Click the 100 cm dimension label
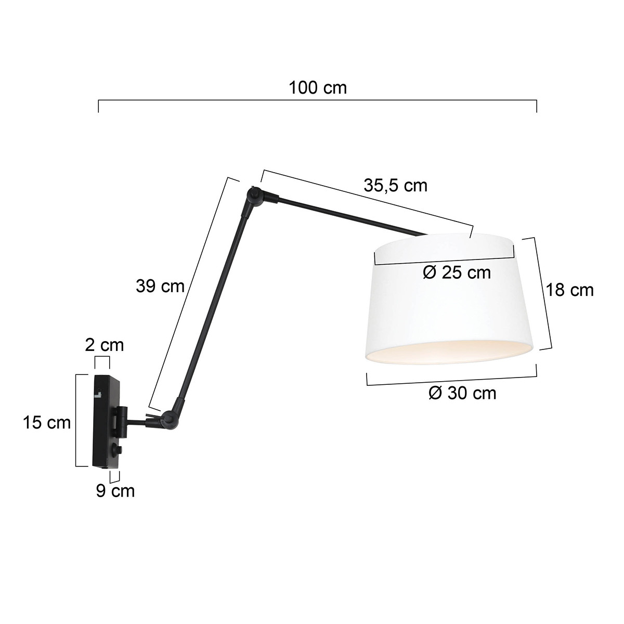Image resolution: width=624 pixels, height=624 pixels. pos(318,87)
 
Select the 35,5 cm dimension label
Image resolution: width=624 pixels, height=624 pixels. pos(395,185)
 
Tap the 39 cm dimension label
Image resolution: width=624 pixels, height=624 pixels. pos(160,285)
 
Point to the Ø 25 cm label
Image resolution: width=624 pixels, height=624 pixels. pos(457,272)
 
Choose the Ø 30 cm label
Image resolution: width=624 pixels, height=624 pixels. pos(462,393)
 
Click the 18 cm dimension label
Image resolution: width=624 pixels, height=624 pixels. pos(569,290)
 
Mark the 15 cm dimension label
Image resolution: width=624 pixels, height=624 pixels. pos(47,423)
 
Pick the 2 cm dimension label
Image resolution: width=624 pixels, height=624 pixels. pos(105,344)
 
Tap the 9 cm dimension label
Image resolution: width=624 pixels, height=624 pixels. pos(115,490)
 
